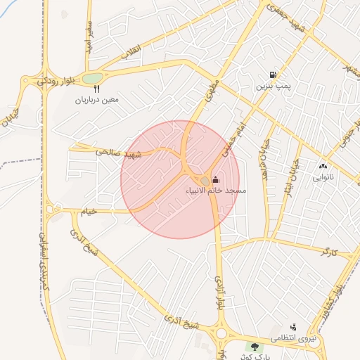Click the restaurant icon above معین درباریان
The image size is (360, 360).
pos(96,89)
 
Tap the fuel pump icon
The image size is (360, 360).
pos(272,75)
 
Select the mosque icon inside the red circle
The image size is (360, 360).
pos(214,179)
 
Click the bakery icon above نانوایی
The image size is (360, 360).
pos(323,167)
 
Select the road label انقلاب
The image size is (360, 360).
pos(131,51)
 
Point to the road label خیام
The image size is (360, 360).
pos(89,210)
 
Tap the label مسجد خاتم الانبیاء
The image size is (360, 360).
pos(214,191)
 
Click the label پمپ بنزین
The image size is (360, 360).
pos(272,86)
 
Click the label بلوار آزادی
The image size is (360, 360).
pos(219,295)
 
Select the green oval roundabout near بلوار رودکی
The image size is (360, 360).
pos(92,77)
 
